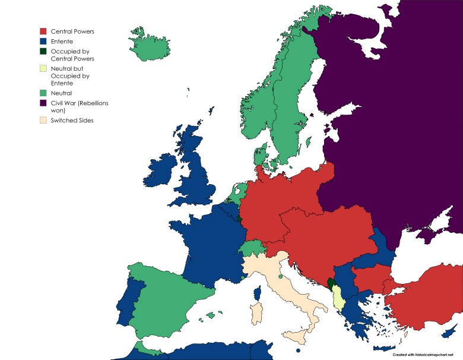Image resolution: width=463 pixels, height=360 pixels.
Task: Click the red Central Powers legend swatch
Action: tap(43, 31)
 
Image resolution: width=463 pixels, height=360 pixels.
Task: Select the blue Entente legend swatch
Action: tap(43, 41)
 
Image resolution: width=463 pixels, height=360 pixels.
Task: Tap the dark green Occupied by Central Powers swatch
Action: tap(43, 52)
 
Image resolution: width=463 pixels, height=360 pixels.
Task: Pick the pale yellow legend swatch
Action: tap(43, 69)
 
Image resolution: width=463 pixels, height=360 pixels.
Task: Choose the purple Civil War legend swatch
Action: tap(43, 103)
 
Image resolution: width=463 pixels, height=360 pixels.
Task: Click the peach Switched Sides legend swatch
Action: tap(43, 121)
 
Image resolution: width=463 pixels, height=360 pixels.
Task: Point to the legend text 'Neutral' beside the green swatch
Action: tap(61, 93)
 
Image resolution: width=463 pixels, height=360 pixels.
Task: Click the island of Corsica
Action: tap(257, 293)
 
